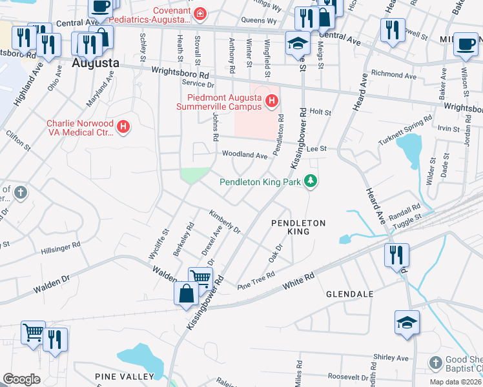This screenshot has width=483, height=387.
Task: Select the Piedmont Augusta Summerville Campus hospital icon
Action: pos(272,101)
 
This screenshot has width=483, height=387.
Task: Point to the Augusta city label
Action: pos(96,63)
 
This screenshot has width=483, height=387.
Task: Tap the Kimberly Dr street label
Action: pos(224,221)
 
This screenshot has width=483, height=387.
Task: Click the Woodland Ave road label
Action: pos(244,155)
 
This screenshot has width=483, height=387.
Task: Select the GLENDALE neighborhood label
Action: pos(349,293)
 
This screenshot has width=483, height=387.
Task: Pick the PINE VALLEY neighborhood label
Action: pos(125,376)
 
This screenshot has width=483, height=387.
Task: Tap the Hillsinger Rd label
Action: pos(60,247)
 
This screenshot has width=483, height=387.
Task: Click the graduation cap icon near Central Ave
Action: pos(297,43)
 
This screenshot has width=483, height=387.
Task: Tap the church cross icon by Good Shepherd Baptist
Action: pos(436,363)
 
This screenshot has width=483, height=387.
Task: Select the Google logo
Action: pos(22,379)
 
